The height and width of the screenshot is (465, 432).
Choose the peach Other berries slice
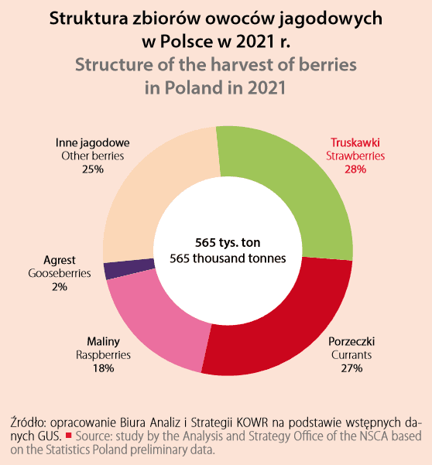(155, 193)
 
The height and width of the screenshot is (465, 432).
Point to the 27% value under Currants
(350, 368)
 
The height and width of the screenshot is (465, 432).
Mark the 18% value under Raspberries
(103, 368)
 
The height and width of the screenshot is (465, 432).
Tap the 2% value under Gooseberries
(60, 286)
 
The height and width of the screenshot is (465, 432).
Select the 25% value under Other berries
(92, 169)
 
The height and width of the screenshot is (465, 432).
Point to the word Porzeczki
(350, 341)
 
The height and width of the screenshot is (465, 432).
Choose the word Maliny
(103, 341)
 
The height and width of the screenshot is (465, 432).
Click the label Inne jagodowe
(92, 143)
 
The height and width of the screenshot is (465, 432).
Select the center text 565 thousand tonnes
(227, 258)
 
